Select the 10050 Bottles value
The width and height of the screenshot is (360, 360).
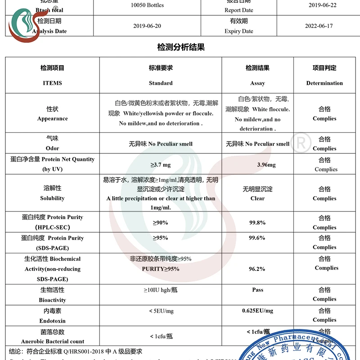click(x=147, y=5)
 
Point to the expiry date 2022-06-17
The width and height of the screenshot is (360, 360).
click(x=319, y=26)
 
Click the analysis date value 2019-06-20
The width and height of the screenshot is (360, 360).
click(x=147, y=26)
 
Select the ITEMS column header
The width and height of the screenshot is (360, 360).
click(x=52, y=83)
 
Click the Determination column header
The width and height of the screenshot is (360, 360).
click(x=324, y=83)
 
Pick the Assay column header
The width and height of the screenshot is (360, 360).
click(x=257, y=83)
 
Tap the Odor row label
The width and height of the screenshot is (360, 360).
click(x=52, y=148)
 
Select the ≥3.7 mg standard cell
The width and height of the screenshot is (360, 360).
click(x=161, y=165)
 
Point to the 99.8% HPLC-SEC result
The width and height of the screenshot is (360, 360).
click(x=257, y=222)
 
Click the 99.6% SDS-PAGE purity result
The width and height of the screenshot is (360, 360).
click(x=257, y=238)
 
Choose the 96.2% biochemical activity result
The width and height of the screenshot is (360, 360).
click(x=257, y=269)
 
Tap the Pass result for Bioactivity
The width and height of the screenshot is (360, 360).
click(x=257, y=290)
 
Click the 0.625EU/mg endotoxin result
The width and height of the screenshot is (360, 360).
click(x=257, y=311)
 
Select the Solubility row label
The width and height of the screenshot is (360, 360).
click(x=52, y=198)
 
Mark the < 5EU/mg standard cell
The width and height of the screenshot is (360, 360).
click(x=161, y=311)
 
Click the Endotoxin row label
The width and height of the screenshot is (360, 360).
click(x=52, y=321)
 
